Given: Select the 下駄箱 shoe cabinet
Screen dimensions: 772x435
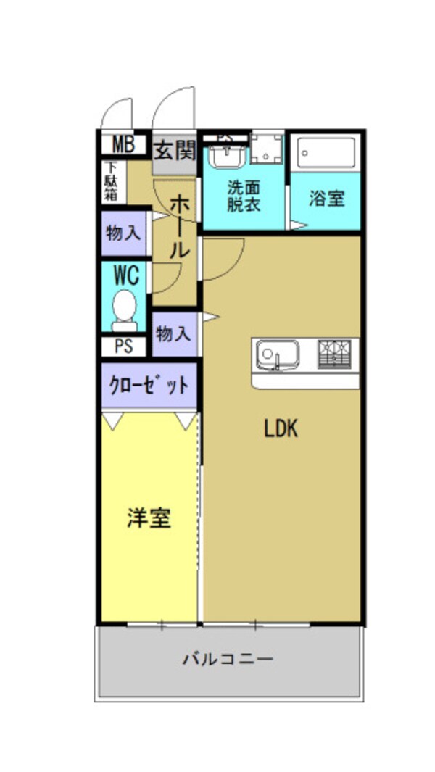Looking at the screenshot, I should point(111,183).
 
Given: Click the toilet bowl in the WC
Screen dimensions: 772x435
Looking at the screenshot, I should point(125,307).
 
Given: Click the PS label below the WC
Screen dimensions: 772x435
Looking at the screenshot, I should point(124,346).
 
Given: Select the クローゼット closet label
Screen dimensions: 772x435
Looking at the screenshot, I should point(149,385).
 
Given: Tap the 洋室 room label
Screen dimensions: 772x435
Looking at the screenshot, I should point(149,518).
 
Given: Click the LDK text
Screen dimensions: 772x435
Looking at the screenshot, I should point(281,429).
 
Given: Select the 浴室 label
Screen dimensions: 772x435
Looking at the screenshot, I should point(326,199).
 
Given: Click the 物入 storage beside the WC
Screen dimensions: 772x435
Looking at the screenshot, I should point(125,233).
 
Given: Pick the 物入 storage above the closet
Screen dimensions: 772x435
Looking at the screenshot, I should point(173,334).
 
